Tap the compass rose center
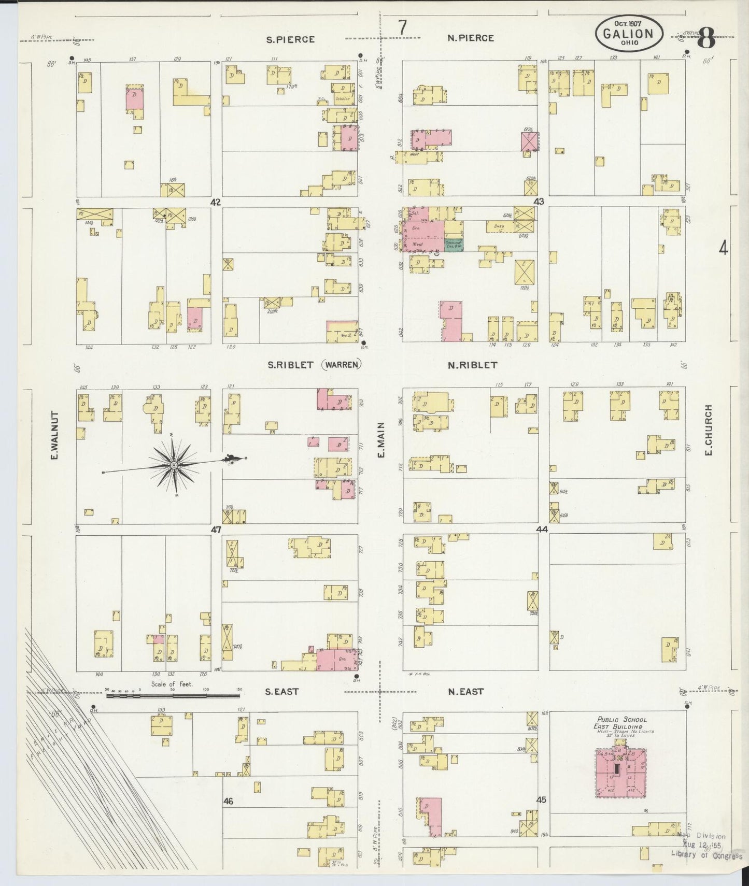tap(174, 465)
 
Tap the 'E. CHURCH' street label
tap(709, 430)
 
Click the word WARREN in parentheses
tap(341, 365)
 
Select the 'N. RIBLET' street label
tap(472, 365)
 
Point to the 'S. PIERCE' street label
tap(290, 39)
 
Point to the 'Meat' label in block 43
tap(417, 244)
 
